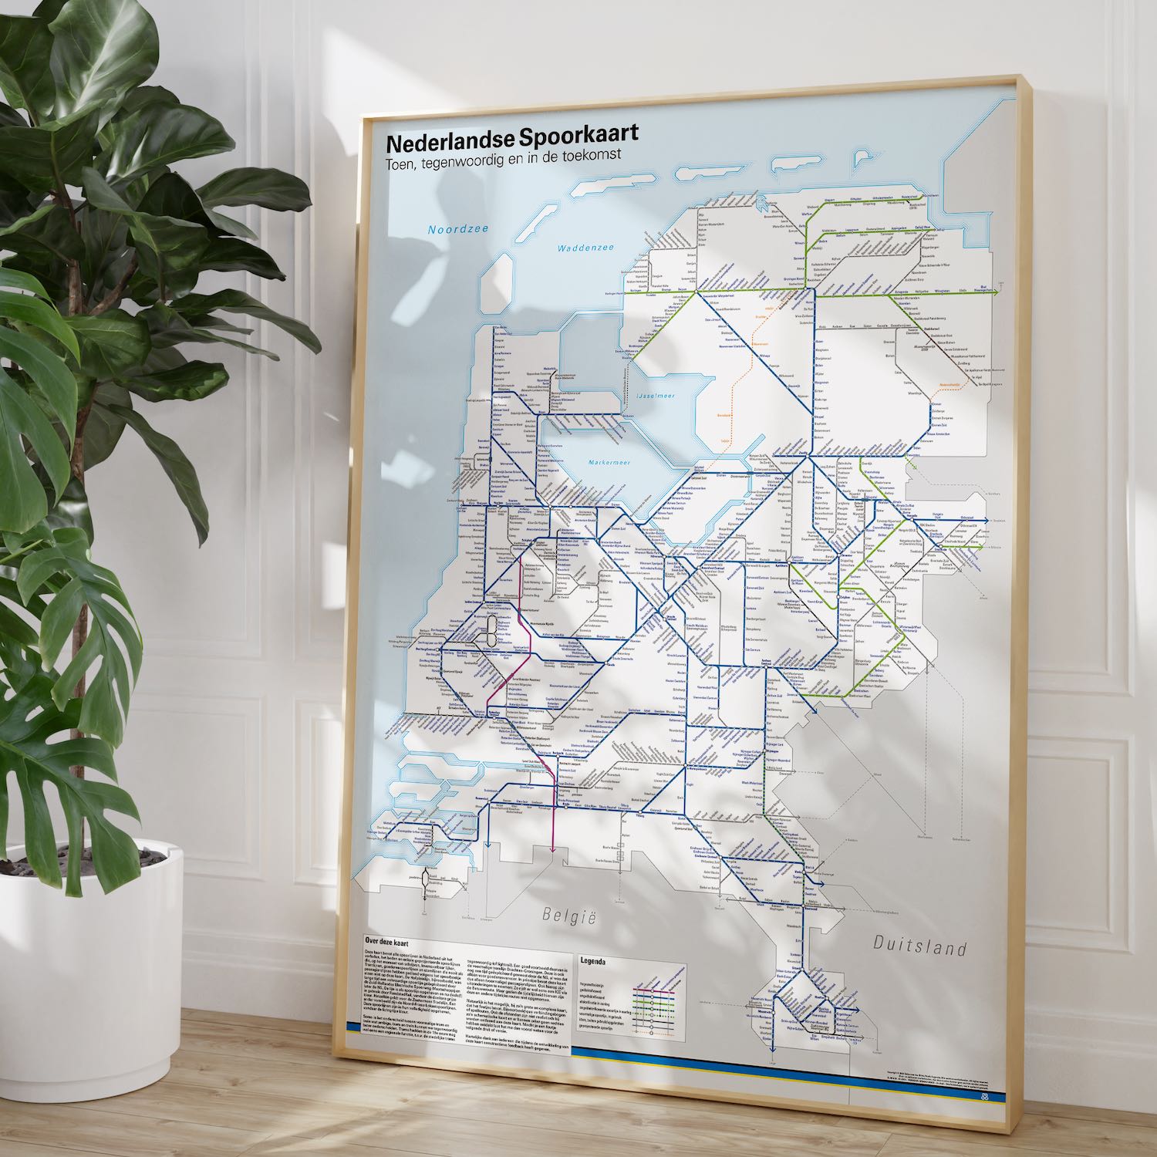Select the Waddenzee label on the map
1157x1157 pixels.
(587, 248)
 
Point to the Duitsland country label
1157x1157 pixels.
(919, 946)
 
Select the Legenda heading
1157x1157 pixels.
(593, 962)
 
